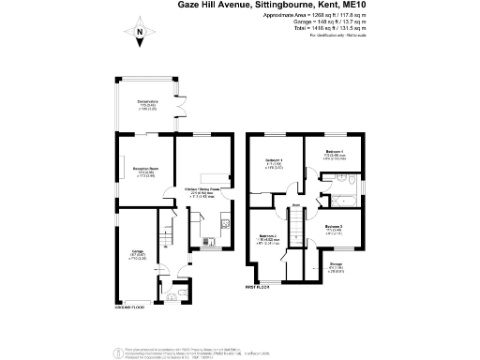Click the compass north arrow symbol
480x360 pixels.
coord(140,35)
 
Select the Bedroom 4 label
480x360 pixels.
coord(335,152)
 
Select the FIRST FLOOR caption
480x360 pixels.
coord(258,286)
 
